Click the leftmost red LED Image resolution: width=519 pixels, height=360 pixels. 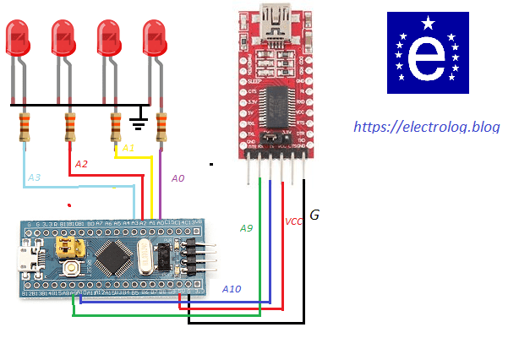click(19, 38)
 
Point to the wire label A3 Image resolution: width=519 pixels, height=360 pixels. click(34, 177)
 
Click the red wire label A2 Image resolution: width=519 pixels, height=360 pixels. click(81, 163)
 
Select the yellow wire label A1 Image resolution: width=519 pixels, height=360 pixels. click(128, 148)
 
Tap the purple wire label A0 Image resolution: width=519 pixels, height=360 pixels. click(178, 178)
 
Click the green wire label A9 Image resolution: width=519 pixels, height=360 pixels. click(246, 228)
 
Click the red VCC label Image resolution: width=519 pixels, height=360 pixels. click(293, 221)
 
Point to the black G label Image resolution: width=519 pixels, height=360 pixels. click(314, 215)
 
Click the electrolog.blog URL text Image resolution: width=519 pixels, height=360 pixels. click(426, 128)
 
